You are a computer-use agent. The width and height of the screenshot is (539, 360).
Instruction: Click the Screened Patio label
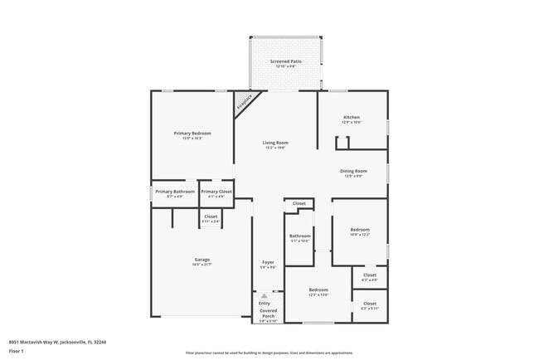click(285, 62)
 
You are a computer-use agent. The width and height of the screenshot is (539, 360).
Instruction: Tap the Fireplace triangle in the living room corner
click(244, 104)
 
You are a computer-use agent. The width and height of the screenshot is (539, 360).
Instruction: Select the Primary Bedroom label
click(192, 134)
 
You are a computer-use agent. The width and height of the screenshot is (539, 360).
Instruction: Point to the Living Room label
click(276, 143)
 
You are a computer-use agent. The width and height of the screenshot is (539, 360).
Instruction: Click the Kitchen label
click(352, 118)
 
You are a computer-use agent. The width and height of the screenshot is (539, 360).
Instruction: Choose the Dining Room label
click(353, 171)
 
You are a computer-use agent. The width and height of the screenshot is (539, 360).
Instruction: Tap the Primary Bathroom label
click(175, 192)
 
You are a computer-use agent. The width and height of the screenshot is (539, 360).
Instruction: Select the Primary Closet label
click(216, 192)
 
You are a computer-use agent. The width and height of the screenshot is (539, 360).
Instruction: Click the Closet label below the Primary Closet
click(211, 216)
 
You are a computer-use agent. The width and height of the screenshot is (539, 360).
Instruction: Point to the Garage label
click(202, 260)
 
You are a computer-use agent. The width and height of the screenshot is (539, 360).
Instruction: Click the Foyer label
click(268, 262)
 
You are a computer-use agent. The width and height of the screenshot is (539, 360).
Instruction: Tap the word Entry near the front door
click(264, 304)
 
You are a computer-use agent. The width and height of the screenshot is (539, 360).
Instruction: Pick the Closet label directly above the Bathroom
click(299, 203)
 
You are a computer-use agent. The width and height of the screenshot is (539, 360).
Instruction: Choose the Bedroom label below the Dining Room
click(359, 229)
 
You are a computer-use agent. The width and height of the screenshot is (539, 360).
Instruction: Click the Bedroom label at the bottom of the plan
click(318, 290)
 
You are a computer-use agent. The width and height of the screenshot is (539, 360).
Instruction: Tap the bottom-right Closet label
click(369, 304)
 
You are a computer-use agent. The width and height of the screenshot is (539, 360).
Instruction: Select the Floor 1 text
click(17, 351)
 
